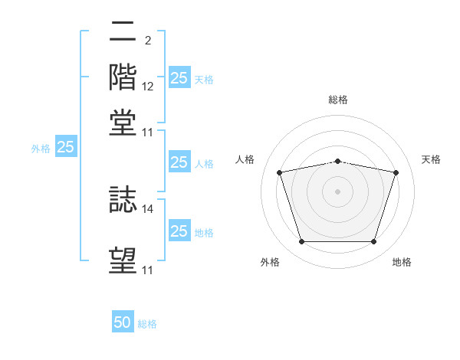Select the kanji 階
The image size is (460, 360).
point(123,77)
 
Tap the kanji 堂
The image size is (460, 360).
point(123,123)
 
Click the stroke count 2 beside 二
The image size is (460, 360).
point(147,39)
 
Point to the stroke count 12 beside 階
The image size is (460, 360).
point(148,86)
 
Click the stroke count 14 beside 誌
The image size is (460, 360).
point(148,208)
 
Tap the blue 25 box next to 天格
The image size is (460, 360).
point(179,77)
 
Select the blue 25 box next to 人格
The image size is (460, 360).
point(179,162)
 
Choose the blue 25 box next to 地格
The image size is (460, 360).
point(179,231)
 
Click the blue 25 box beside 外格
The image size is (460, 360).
point(65,148)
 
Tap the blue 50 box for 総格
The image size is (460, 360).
point(123,322)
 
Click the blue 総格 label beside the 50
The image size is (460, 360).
point(147,324)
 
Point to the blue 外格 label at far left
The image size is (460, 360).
point(41,149)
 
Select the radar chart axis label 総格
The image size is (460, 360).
point(338,100)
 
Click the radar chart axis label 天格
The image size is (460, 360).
point(431,159)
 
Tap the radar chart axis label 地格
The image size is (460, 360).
point(402,263)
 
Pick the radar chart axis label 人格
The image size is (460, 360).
point(245,159)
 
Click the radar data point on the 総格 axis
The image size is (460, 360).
point(338,161)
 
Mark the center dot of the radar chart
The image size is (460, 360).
point(338,191)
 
